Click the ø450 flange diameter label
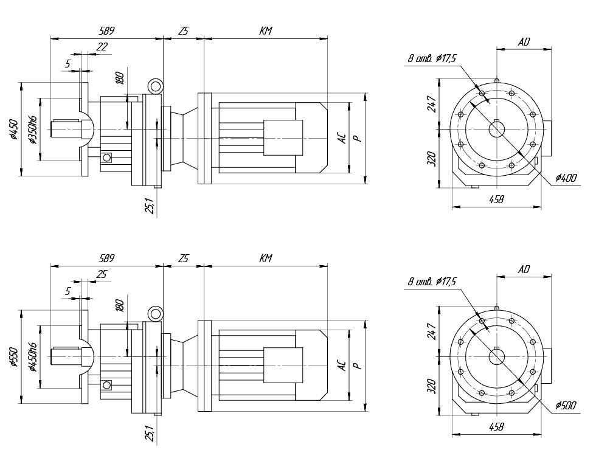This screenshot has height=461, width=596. [x=13, y=130]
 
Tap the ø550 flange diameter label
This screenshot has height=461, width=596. [x=13, y=357]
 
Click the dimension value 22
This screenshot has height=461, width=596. [x=102, y=47]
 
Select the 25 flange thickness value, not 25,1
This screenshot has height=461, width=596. [x=102, y=274]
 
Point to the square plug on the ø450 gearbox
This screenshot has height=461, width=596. [x=107, y=158]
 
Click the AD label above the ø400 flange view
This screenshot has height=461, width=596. [x=524, y=42]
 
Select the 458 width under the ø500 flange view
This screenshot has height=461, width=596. [x=496, y=427]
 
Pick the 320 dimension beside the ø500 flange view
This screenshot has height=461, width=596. [x=432, y=387]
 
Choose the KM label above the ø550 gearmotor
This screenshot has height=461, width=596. [x=265, y=258]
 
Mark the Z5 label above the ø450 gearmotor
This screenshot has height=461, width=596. [x=183, y=30]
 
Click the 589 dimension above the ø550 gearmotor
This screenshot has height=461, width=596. [x=106, y=258]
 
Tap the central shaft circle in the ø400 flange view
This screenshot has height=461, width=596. [x=497, y=129]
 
